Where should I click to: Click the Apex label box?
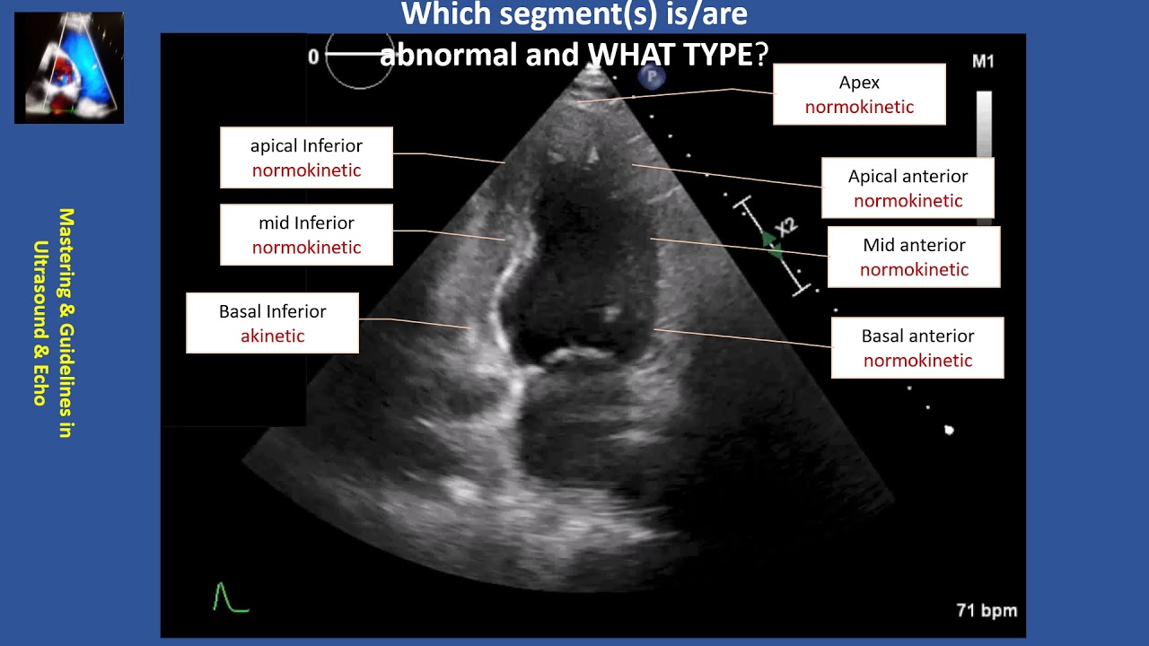click(x=858, y=94)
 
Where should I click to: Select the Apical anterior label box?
click(x=908, y=188)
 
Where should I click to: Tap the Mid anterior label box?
click(x=913, y=257)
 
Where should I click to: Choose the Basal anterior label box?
click(x=917, y=347)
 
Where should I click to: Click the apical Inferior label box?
click(x=306, y=157)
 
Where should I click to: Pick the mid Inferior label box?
click(x=306, y=234)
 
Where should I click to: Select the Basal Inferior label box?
click(x=272, y=323)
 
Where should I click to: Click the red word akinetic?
click(x=272, y=336)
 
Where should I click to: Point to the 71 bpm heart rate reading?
click(x=987, y=611)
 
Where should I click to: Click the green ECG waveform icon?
click(x=230, y=598)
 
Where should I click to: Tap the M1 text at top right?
click(x=983, y=62)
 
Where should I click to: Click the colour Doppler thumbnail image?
click(x=69, y=67)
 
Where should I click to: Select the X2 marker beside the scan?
click(x=785, y=227)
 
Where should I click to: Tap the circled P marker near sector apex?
click(x=651, y=79)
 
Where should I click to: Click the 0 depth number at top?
click(x=313, y=57)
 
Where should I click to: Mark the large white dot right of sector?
click(x=949, y=431)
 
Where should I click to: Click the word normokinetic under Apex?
click(x=858, y=108)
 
